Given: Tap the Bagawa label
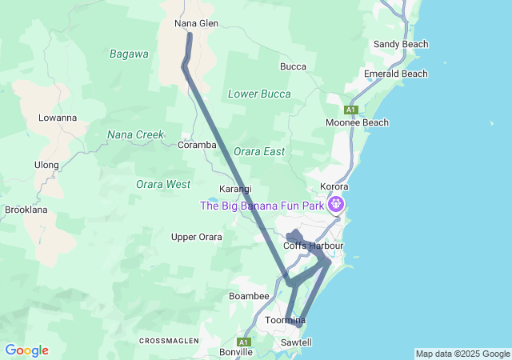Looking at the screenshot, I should (129, 54).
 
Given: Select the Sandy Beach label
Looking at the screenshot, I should (401, 44).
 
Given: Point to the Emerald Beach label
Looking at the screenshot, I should (395, 74).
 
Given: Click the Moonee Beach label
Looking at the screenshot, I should (357, 122).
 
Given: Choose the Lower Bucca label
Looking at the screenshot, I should (259, 94).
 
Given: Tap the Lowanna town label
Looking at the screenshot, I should (58, 118).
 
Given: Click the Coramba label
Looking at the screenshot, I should (197, 145).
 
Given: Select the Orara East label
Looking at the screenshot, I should (259, 151).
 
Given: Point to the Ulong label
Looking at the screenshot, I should (46, 165).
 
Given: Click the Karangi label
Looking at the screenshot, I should (235, 189).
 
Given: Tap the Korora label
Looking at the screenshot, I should (334, 186).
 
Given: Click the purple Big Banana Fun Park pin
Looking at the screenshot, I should (337, 205).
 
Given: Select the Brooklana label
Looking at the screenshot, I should (26, 210).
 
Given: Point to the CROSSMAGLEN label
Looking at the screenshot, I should (169, 341).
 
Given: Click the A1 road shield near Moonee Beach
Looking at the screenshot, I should (350, 109).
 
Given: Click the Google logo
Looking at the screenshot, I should (26, 350).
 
